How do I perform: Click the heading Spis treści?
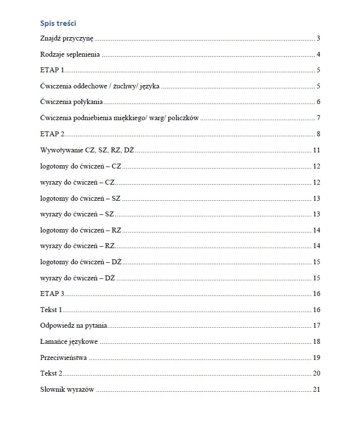coord(58,23)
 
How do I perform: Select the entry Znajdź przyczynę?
coord(66,39)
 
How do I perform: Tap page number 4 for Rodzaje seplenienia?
coord(318,54)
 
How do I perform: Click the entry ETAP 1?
coord(52,70)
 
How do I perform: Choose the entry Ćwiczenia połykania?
coord(71,102)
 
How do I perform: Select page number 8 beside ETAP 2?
coord(318,134)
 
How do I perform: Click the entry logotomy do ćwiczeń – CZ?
coord(81,166)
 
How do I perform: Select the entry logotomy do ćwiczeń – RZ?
coord(81,230)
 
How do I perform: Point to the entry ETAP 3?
coord(52,294)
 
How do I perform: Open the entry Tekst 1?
coord(51,310)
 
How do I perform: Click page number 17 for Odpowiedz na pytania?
coord(316,325)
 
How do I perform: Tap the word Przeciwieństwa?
coord(64,358)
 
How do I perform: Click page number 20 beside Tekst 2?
coord(316,373)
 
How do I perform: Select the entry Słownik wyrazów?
coord(67,389)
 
